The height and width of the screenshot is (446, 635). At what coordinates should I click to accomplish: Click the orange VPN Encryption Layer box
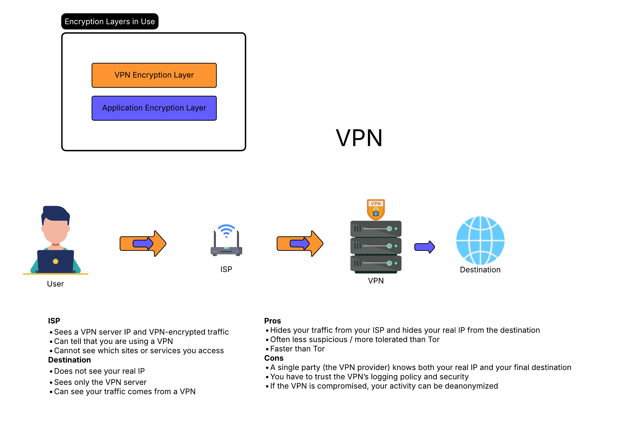click(x=154, y=75)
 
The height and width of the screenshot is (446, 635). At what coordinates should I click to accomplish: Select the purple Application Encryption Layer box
click(x=154, y=108)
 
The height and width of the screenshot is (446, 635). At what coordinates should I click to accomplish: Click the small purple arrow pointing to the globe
click(x=424, y=247)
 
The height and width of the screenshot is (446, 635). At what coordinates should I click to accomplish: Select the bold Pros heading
click(x=272, y=321)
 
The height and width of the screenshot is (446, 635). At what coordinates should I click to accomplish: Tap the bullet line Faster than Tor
click(x=297, y=349)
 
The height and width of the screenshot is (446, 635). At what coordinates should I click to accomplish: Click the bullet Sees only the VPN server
click(x=100, y=382)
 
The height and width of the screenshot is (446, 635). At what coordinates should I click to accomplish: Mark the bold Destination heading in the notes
click(x=69, y=360)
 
